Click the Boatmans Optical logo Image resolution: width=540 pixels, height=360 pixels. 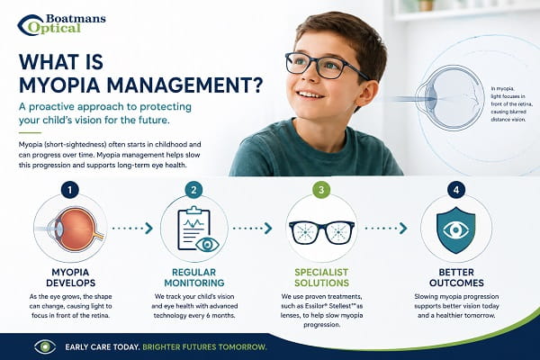coord(61,25)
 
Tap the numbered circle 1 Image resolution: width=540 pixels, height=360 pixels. coord(70,190)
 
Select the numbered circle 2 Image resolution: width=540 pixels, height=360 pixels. coord(193,190)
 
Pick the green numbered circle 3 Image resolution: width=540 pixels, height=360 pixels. coord(321,190)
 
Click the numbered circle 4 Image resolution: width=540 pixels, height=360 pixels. coord(456,190)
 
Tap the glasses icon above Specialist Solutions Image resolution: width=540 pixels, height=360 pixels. coord(321,232)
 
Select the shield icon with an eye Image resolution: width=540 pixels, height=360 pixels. coord(455,230)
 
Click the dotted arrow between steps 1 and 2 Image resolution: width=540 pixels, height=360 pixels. coord(132,228)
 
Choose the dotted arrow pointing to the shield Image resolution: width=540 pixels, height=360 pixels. coord(386,228)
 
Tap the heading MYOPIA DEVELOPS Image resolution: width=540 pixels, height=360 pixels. coord(70,277)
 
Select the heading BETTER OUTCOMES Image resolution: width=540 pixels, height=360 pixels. coord(456,277)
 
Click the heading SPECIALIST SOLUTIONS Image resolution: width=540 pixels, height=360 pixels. coord(321,277)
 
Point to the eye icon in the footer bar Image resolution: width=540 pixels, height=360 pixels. coord(45,346)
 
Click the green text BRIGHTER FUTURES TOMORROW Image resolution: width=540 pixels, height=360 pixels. coord(204,346)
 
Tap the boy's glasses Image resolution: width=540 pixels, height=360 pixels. coord(326,66)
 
